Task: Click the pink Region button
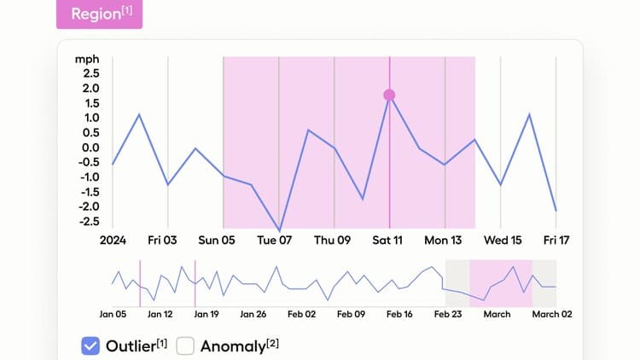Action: point(99,15)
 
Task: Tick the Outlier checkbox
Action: point(91,345)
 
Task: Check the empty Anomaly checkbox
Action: point(186,345)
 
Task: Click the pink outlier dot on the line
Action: point(389,95)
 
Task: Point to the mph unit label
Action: point(87,59)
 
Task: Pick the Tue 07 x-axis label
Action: point(275,241)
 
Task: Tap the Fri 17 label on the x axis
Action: point(556,241)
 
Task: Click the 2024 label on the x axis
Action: point(113,241)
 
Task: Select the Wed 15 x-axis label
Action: point(503,241)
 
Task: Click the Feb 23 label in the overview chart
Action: point(449,314)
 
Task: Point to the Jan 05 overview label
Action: point(112,314)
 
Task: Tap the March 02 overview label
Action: point(553,314)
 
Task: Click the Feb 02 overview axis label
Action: point(301,314)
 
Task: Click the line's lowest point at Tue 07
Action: point(279,230)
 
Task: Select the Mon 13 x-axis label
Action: point(443,241)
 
